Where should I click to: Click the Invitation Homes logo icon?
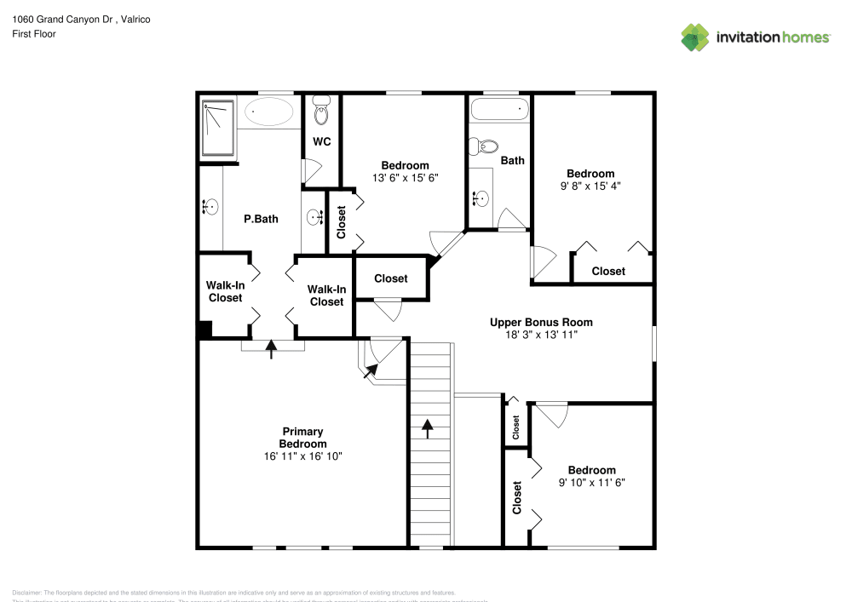click(x=695, y=37)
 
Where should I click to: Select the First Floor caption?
click(x=34, y=34)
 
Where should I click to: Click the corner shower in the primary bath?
click(x=218, y=129)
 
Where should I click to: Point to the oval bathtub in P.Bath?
click(x=270, y=112)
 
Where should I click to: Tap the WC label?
click(x=321, y=141)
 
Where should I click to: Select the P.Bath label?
click(x=261, y=219)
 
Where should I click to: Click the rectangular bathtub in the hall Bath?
click(x=500, y=110)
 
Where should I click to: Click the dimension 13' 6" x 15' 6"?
click(x=405, y=178)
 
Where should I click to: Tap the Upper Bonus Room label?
click(x=541, y=323)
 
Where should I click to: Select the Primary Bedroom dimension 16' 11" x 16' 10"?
click(x=302, y=456)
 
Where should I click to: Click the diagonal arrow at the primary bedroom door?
click(x=371, y=371)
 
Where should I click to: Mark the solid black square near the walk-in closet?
click(x=204, y=330)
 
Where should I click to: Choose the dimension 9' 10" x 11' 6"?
click(x=591, y=483)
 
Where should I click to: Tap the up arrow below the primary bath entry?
click(x=272, y=349)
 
